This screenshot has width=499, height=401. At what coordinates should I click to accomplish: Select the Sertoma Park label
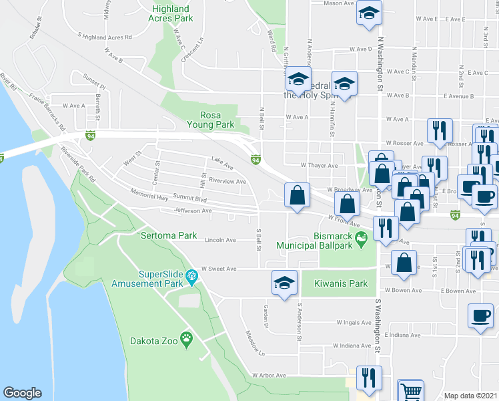169,235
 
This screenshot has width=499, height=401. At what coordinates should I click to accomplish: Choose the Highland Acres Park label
173,13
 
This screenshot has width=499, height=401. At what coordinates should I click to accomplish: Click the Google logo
22,393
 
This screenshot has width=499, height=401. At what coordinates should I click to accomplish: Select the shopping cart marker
410,390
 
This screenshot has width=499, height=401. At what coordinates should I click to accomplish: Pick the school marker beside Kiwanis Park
284,281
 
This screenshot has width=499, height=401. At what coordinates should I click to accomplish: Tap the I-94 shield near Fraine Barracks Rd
89,136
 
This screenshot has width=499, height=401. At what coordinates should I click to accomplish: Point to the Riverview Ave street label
227,180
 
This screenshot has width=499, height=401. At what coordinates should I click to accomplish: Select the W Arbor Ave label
269,376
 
